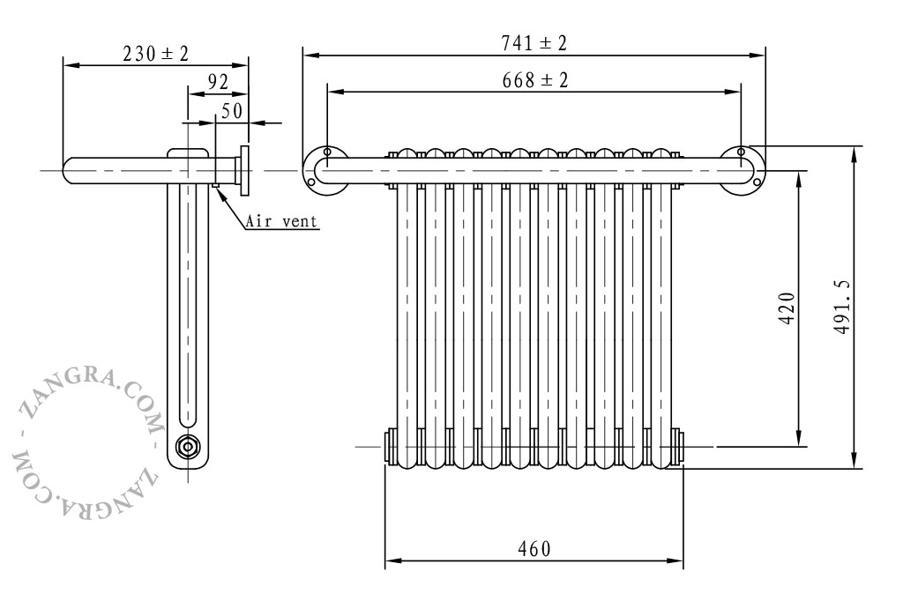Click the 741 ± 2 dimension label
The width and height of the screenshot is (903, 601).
coord(534,42)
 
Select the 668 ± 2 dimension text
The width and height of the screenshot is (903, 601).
coord(535,80)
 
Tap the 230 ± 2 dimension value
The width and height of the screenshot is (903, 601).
coord(155,54)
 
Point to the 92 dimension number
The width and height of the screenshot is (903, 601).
coord(218,82)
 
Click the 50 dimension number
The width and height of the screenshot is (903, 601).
coord(232,110)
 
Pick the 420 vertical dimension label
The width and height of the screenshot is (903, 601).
coord(787,308)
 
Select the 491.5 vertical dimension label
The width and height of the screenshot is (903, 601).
coord(841,308)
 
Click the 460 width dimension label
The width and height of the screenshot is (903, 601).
coord(534,549)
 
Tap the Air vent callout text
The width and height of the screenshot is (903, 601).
coord(281,221)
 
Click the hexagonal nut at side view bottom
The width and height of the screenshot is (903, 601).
coord(187,447)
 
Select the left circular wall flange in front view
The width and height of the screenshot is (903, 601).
coord(325,170)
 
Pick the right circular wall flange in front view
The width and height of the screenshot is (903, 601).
coord(742,170)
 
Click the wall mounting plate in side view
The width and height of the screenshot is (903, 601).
coord(245,170)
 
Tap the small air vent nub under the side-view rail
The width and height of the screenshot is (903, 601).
coord(215,185)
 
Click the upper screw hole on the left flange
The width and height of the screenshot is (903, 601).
coord(327,152)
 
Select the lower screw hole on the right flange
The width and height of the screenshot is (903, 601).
coord(757,182)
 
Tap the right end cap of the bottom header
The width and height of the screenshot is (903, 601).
coord(676,447)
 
